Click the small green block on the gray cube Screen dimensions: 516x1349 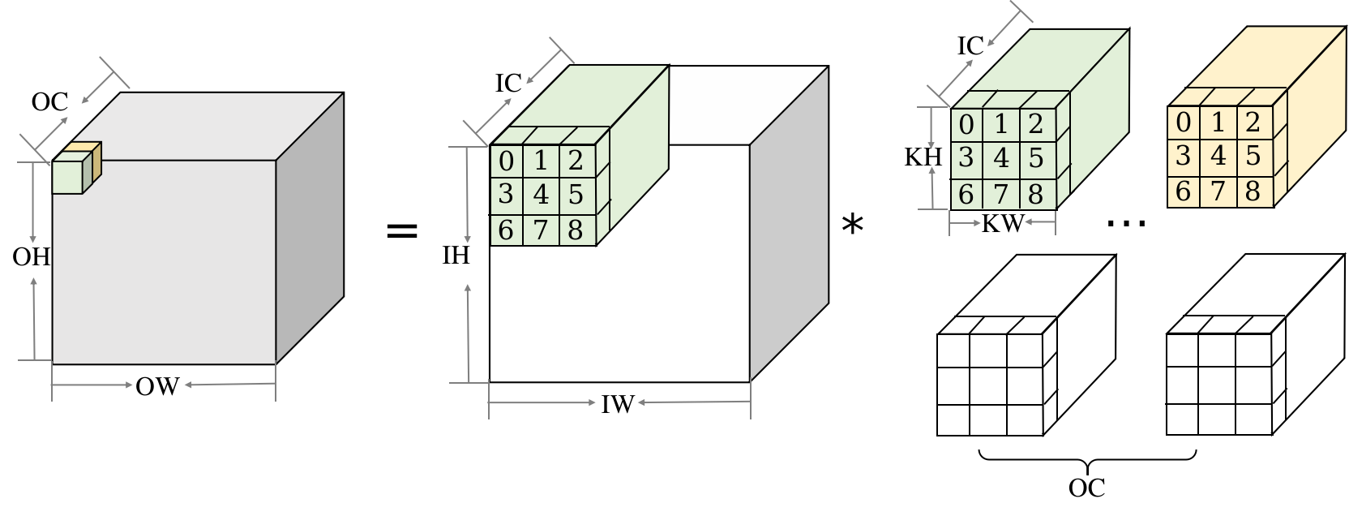[x=68, y=177]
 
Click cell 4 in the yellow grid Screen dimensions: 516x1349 [x=1218, y=157]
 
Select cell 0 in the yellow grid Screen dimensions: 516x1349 [x=1184, y=123]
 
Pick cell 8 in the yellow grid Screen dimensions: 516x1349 [x=1253, y=191]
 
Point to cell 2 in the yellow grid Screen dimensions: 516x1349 [x=1253, y=123]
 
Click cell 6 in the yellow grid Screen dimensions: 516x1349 [x=1184, y=191]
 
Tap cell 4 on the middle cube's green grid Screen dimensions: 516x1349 [x=541, y=195]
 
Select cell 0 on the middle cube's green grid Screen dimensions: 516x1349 [x=506, y=161]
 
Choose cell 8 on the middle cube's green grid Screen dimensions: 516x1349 [x=576, y=230]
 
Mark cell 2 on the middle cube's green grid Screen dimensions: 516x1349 [x=576, y=161]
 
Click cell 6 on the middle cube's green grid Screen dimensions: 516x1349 [x=506, y=230]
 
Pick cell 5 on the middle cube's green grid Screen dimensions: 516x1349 [x=576, y=195]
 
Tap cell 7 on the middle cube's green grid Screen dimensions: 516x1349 [x=541, y=230]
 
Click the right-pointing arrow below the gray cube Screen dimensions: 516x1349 [x=93, y=385]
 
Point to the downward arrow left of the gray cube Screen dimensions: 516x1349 [x=33, y=203]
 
